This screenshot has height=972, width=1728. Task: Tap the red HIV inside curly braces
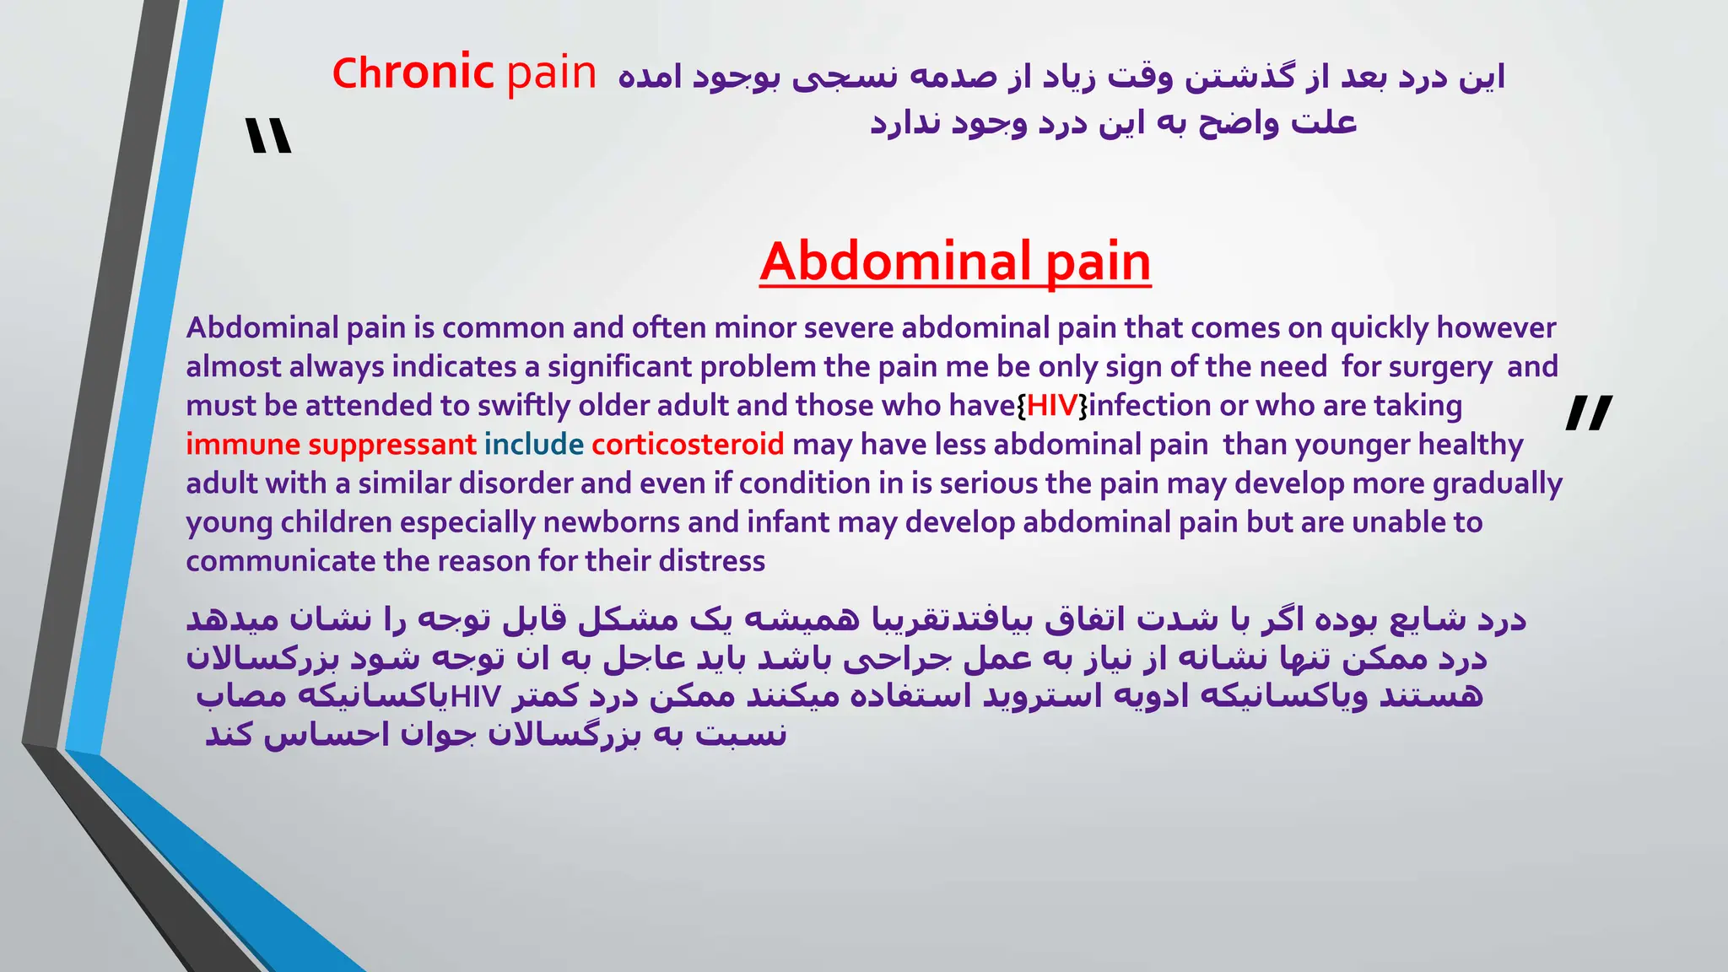1052,406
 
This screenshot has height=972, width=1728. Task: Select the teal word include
533,445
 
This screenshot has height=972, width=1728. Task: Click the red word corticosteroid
688,445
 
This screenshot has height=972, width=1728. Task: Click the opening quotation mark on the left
268,137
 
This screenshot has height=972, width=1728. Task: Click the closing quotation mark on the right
1588,413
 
